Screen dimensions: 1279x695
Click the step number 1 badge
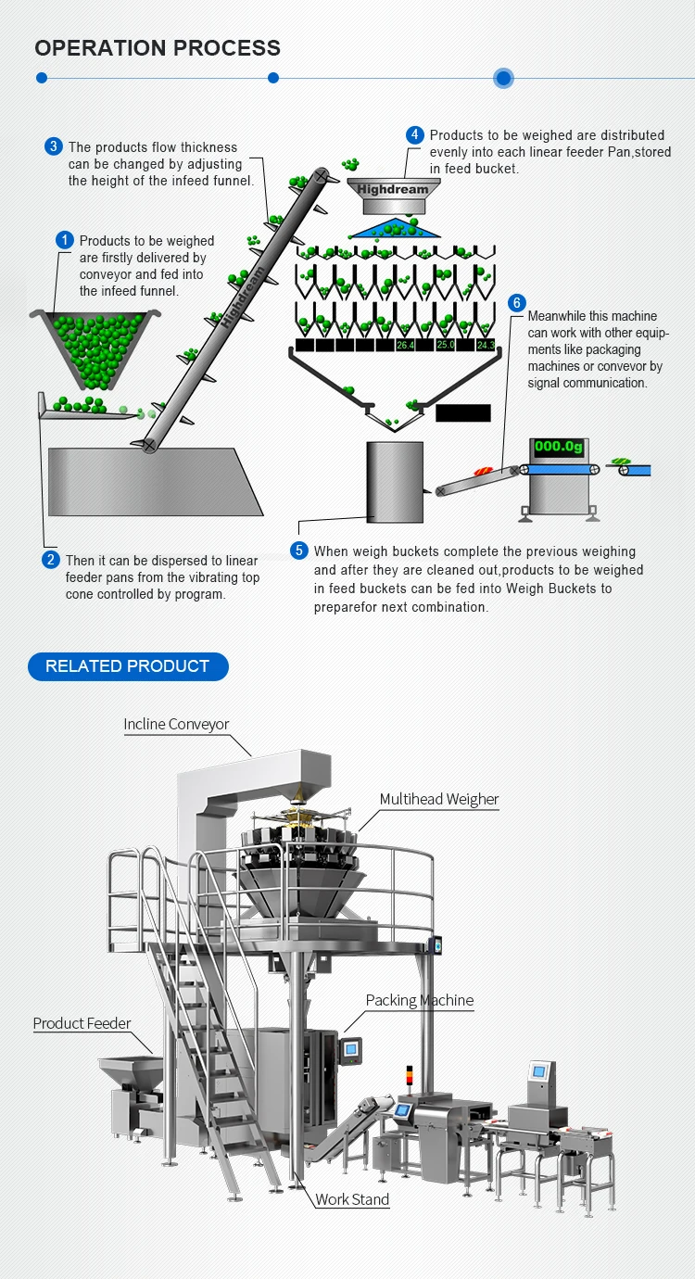(64, 241)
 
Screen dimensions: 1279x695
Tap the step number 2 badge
(51, 560)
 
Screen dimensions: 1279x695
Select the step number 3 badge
(54, 146)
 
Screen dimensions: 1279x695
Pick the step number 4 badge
(415, 135)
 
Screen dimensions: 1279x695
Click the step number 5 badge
(298, 551)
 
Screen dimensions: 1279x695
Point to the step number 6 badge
(517, 303)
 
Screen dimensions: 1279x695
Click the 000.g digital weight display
(559, 447)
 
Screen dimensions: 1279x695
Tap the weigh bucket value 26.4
(405, 345)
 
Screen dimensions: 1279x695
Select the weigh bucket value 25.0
(446, 345)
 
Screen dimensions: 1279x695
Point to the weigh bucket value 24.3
(486, 345)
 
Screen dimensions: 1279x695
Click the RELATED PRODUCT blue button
(128, 666)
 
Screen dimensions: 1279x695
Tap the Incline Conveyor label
(176, 724)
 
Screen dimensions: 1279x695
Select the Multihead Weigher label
(439, 799)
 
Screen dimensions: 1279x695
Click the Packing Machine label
(420, 1000)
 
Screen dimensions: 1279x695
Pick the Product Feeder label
(82, 1023)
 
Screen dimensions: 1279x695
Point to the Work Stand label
(352, 1199)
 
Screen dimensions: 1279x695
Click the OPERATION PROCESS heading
(158, 48)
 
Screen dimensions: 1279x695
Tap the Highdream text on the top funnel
(393, 189)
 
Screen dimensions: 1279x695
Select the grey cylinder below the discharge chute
(395, 481)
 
